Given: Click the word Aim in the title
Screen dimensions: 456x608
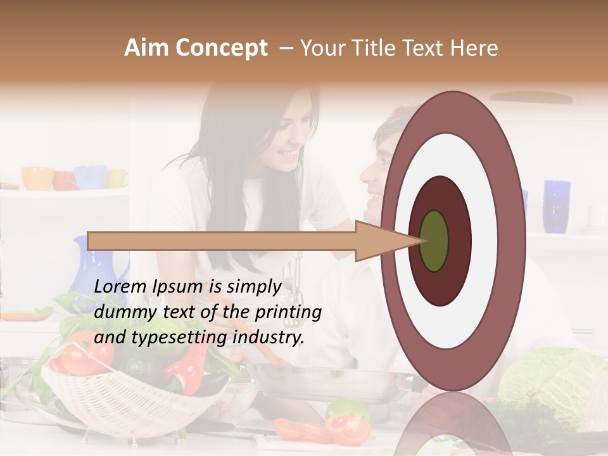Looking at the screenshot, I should (147, 48).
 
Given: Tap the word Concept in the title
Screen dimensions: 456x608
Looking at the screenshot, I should (222, 48).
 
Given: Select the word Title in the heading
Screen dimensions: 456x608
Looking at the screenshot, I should (376, 48).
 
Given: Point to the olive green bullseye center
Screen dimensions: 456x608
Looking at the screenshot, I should (434, 241).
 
